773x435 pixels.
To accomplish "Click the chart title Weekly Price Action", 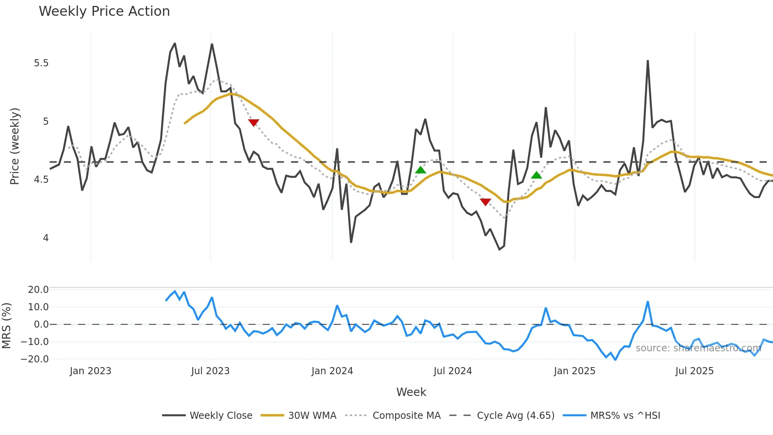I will [x=104, y=11].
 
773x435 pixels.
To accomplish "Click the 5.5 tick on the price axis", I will [x=41, y=63].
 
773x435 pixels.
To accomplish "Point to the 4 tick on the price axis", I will [x=46, y=238].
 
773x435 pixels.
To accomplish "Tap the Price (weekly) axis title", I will [x=15, y=146].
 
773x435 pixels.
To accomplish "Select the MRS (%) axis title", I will [x=6, y=326].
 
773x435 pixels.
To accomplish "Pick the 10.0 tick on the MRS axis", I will [x=38, y=307].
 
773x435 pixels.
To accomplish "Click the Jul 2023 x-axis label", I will [x=210, y=371].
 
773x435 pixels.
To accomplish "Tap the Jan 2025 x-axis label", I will [x=574, y=371].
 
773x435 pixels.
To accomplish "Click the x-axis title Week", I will [x=411, y=392].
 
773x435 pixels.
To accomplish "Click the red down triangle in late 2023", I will [x=254, y=122].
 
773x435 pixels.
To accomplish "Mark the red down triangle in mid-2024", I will [x=485, y=202].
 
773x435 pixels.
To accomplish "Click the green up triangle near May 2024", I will [x=421, y=170].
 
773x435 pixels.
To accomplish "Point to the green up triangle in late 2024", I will [x=536, y=175].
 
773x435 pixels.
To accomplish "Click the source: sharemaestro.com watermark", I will [x=698, y=348].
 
